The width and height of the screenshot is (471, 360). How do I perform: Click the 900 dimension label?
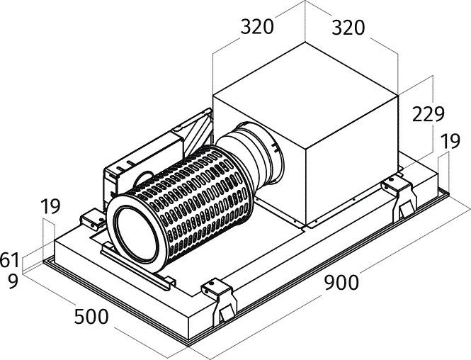pos(342,282)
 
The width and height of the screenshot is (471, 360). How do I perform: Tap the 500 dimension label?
pos(92,316)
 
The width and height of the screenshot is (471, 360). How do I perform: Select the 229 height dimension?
pos(429,113)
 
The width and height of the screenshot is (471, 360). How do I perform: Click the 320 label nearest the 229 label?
pos(348,28)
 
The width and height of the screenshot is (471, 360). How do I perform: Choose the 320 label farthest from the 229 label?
pos(257,28)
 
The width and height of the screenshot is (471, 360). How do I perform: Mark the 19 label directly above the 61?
pos(50,208)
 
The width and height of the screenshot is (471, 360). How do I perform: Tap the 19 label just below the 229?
pos(450,142)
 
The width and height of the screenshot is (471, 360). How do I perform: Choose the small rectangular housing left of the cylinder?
pos(120,177)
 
